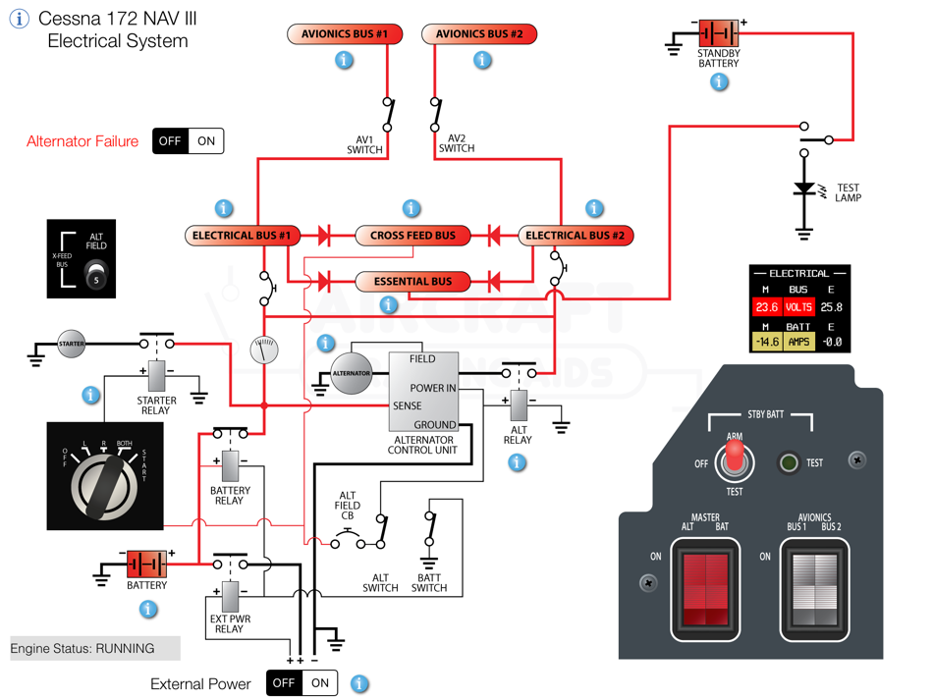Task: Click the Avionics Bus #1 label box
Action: [345, 34]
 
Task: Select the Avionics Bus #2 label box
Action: [479, 34]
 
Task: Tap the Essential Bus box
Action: [412, 282]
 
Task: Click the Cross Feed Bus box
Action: [412, 236]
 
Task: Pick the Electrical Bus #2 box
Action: [575, 236]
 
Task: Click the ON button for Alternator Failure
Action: [206, 141]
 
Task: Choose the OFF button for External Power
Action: [284, 683]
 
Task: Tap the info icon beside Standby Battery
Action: [720, 82]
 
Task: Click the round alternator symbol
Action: [352, 373]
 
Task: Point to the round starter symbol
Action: [72, 344]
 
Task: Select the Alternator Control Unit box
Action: [423, 393]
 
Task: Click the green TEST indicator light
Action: [788, 462]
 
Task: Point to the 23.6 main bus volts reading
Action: [766, 307]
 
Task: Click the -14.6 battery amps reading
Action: [766, 342]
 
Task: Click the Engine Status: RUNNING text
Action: [82, 649]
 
